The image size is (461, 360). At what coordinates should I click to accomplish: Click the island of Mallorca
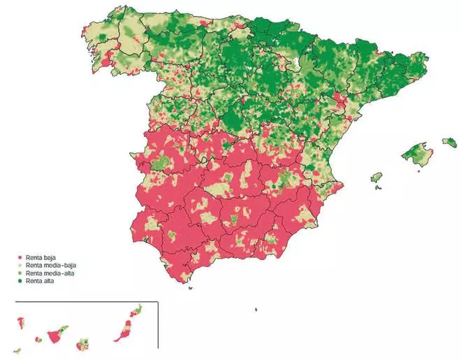click(418, 152)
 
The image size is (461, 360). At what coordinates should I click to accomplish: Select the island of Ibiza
click(377, 178)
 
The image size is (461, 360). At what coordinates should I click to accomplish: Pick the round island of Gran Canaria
click(85, 343)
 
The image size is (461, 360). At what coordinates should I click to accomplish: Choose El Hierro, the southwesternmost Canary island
click(17, 350)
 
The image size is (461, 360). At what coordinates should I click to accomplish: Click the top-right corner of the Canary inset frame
click(158, 302)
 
